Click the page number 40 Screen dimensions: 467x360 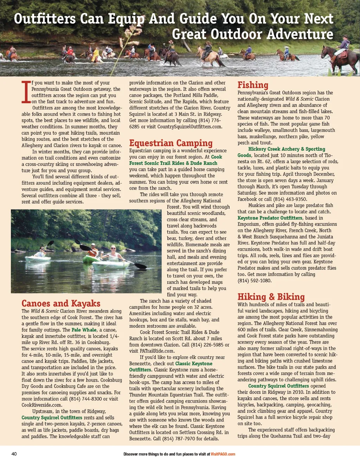[x=14, y=454]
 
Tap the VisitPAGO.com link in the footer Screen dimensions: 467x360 [x=223, y=454]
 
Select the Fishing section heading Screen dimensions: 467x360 [x=253, y=85]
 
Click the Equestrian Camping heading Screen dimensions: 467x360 [x=171, y=143]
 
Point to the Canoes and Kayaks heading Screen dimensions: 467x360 [x=61, y=303]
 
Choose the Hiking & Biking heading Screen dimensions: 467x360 [x=271, y=297]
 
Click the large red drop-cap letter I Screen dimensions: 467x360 [x=26, y=92]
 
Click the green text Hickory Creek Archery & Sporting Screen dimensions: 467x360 [x=287, y=149]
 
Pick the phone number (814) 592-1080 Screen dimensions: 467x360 [x=255, y=281]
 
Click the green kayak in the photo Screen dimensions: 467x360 [x=91, y=259]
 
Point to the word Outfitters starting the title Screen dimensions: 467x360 [x=45, y=19]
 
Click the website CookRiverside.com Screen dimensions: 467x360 [x=42, y=405]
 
